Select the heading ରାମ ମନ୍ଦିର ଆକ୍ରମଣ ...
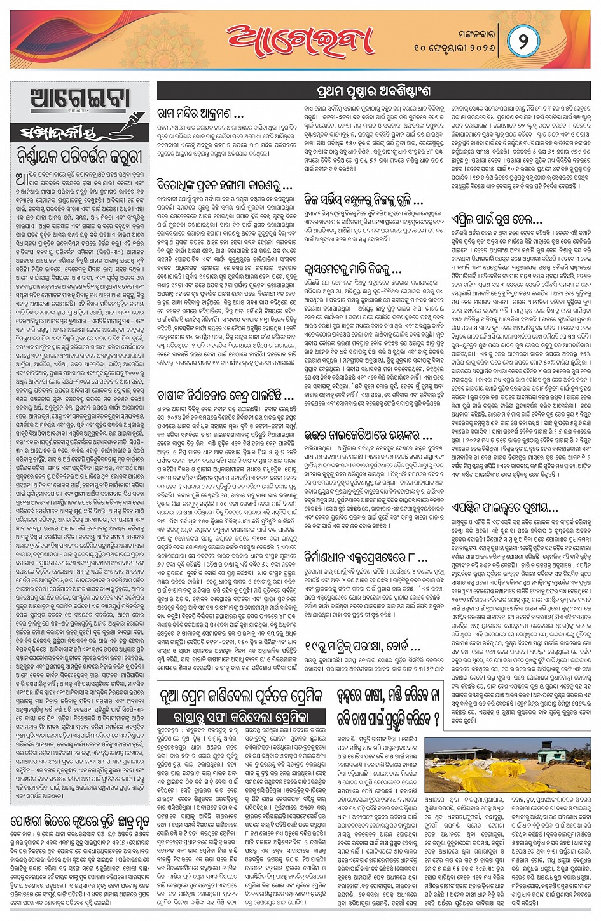[x=201, y=115]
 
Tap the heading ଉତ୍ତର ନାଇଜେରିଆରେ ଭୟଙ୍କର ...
[x=369, y=436]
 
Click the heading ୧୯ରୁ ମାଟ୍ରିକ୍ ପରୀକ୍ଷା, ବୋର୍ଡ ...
[x=363, y=648]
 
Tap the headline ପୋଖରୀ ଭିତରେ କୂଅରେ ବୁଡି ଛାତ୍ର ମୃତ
[x=80, y=821]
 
